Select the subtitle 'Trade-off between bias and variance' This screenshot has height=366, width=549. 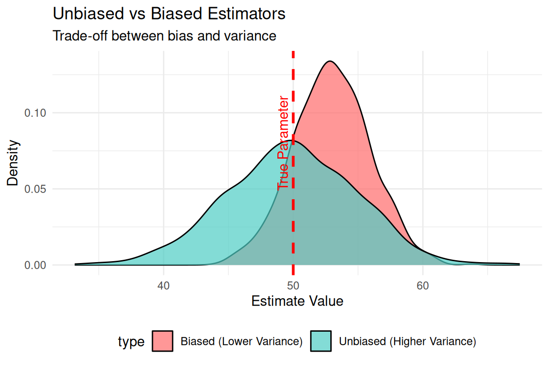pos(164,35)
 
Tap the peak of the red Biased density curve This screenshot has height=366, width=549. pos(329,61)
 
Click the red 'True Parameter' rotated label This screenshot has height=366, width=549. pos(284,142)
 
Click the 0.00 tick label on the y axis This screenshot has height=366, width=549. pos(36,265)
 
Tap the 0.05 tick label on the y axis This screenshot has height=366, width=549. pos(36,189)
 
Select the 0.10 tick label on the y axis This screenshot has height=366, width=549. pos(36,113)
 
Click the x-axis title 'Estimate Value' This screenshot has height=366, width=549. pos(297,302)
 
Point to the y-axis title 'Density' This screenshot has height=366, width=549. pos(14,163)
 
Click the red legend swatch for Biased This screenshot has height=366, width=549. pos(163,341)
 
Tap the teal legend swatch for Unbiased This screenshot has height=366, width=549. pos(321,341)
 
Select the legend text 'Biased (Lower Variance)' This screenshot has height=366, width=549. pos(242,342)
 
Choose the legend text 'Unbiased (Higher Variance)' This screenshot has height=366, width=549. pos(407,342)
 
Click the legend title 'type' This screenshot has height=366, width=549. pos(131,342)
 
